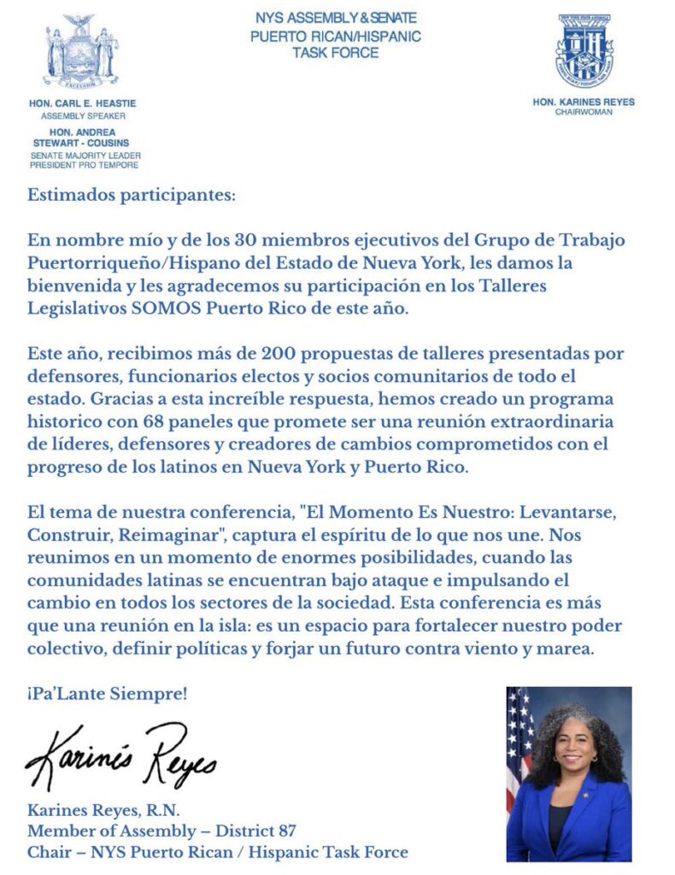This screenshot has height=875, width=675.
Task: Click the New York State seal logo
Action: (82, 53)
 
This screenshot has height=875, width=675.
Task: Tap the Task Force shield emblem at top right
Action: (584, 50)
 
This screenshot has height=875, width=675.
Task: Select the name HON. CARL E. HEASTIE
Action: (82, 103)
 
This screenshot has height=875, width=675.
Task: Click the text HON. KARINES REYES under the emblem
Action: (584, 102)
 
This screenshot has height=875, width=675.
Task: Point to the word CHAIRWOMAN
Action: (584, 112)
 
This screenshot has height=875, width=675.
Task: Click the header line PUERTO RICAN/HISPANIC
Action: (336, 37)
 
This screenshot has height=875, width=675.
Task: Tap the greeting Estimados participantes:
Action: (131, 195)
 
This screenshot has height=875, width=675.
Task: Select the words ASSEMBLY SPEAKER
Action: (82, 114)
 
